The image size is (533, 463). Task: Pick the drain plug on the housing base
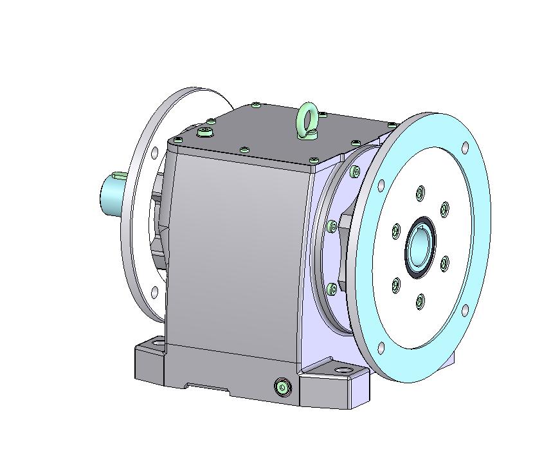click(281, 386)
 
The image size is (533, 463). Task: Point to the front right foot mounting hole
click(341, 371)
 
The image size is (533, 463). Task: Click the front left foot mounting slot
click(155, 344)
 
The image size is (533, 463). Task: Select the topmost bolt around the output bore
click(420, 192)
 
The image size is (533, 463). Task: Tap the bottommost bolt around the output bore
click(420, 300)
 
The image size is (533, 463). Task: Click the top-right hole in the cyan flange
click(464, 148)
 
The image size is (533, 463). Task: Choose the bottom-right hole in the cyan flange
click(465, 311)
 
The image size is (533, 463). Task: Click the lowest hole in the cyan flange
click(381, 348)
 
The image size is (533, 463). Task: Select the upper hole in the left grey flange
click(154, 152)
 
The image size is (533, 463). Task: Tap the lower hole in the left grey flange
click(155, 293)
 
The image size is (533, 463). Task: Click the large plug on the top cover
click(205, 132)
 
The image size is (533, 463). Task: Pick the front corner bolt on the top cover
click(313, 159)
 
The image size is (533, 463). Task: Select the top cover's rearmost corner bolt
click(257, 104)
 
